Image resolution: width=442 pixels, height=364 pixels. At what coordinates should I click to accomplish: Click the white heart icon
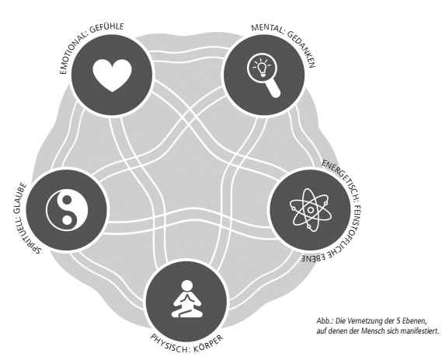click(x=112, y=75)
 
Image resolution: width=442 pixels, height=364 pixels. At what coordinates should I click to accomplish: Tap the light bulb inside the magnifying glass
click(x=262, y=68)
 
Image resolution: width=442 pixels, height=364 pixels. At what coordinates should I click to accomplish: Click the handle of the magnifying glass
click(x=273, y=89)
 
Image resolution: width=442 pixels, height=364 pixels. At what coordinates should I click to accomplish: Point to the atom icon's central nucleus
click(x=311, y=210)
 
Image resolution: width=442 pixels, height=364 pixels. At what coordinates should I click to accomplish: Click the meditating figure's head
click(x=186, y=285)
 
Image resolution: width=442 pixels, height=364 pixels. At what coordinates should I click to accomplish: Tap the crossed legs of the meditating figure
click(x=186, y=313)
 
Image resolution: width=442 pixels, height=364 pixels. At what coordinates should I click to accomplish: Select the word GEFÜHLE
click(x=107, y=28)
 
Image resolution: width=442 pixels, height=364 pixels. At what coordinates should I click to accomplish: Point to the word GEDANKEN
click(x=302, y=48)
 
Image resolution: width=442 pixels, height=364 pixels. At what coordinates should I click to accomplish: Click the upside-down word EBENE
click(x=315, y=257)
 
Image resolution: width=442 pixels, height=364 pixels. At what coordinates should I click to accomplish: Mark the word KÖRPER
click(x=208, y=345)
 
